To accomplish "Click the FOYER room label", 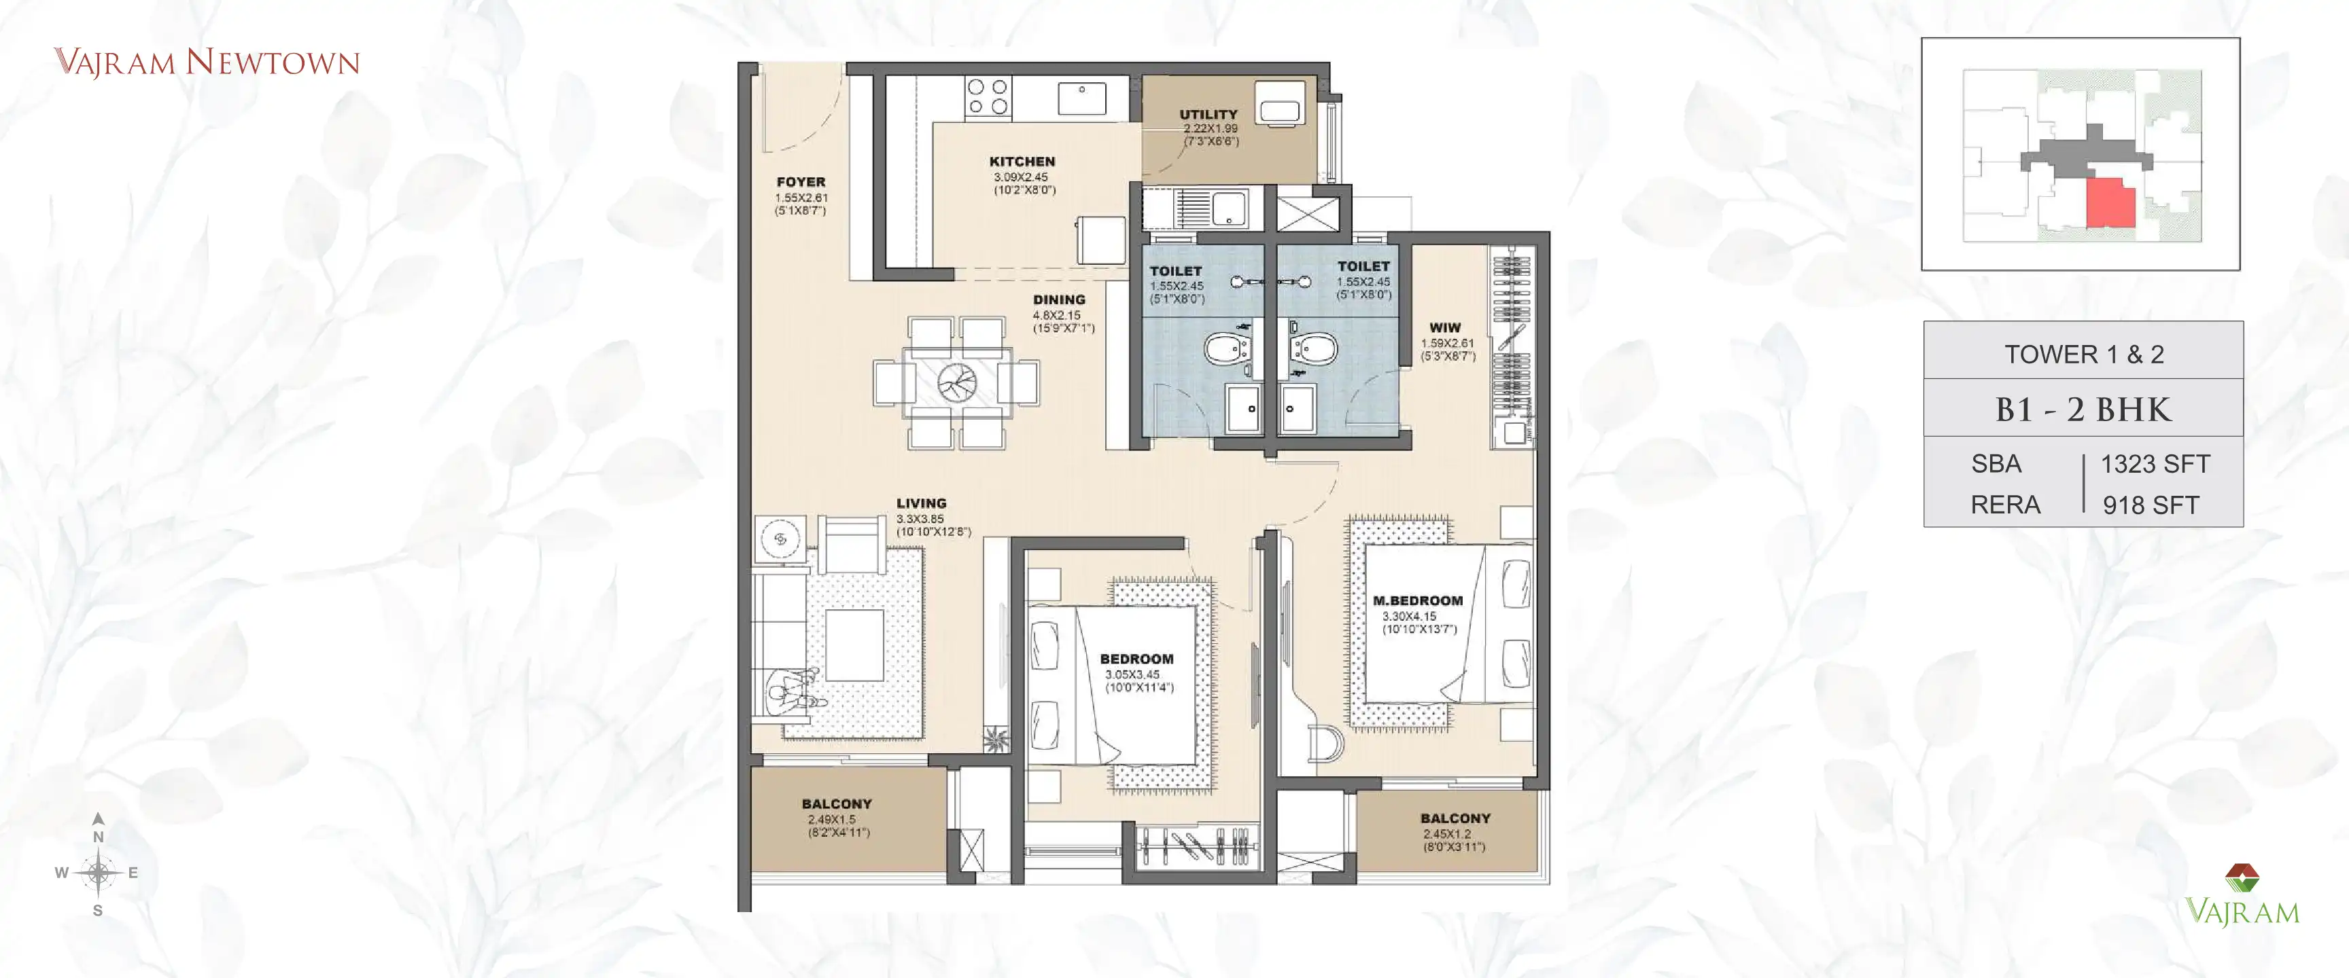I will click(801, 182).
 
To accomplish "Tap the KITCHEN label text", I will click(1022, 162).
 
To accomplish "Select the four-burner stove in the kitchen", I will click(988, 96).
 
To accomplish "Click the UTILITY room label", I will click(1208, 115).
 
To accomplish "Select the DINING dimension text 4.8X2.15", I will click(1056, 315).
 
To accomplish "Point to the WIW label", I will click(1444, 327).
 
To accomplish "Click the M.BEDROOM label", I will click(1417, 600).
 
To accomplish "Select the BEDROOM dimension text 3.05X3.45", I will click(1132, 674).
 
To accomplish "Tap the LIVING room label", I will click(921, 503).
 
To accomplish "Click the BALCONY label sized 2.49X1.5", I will click(836, 804).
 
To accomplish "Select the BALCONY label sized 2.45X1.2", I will click(1455, 818).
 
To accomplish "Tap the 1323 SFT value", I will click(2155, 464).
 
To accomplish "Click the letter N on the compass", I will click(99, 837).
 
